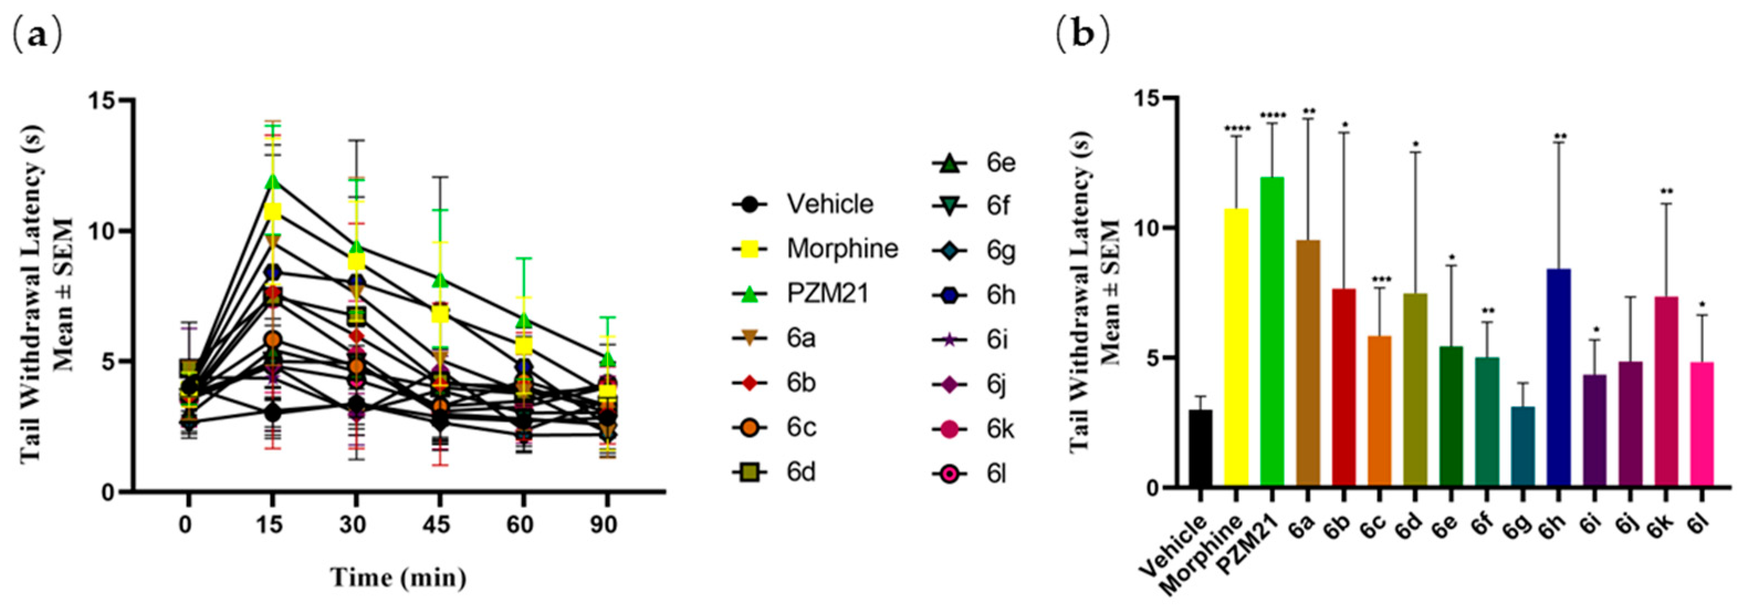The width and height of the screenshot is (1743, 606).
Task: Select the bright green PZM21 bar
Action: (x=1272, y=332)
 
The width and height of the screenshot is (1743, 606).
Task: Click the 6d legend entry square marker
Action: (x=749, y=472)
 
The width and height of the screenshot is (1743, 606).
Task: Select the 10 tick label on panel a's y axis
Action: (x=102, y=231)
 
